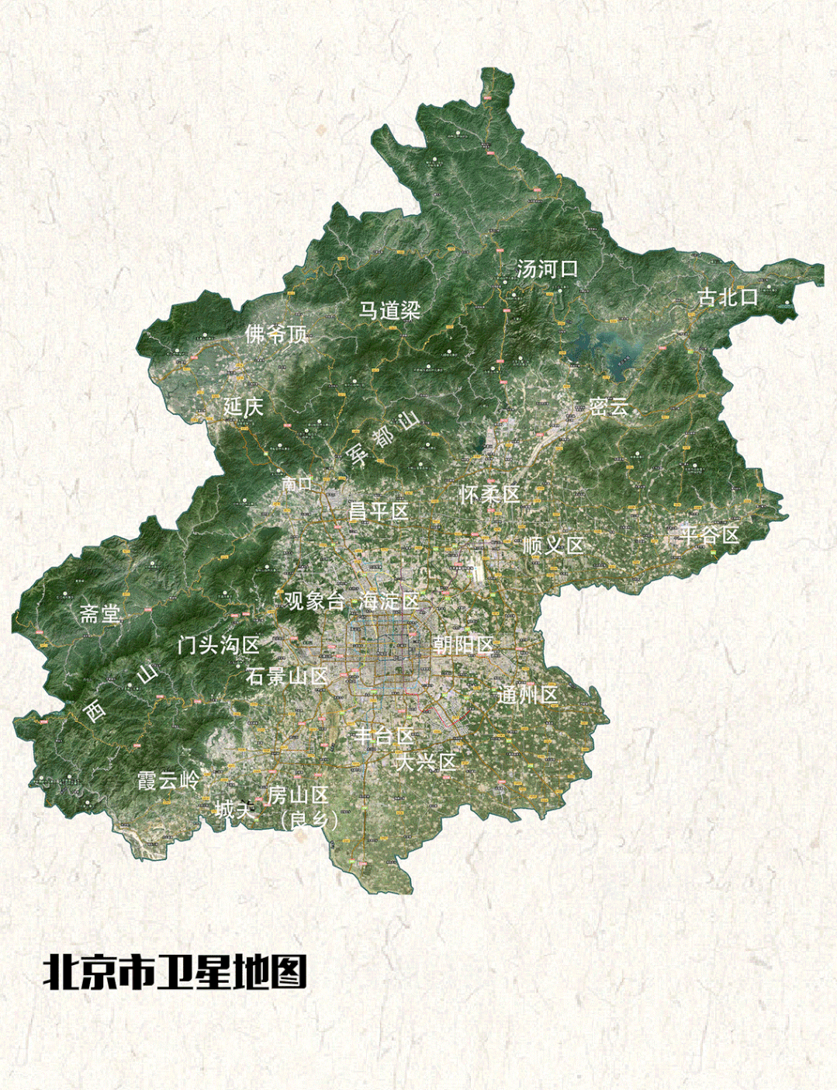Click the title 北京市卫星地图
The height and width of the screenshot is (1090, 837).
click(175, 971)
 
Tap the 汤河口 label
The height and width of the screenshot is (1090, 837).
click(548, 269)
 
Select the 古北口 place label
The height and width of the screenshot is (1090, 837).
click(727, 297)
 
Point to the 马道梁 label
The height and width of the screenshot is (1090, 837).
click(389, 311)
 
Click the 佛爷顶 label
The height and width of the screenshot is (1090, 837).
click(277, 335)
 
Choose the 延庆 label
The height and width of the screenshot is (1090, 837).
click(244, 406)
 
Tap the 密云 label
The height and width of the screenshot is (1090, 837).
click(609, 407)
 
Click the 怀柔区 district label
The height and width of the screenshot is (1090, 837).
click(489, 494)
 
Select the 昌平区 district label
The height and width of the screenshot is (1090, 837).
click(378, 511)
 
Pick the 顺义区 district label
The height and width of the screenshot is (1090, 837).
click(552, 545)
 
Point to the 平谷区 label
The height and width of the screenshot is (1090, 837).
click(710, 535)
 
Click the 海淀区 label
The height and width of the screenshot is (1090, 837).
click(389, 600)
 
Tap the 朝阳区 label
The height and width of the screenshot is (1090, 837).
click(463, 644)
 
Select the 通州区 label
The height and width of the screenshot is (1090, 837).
click(527, 695)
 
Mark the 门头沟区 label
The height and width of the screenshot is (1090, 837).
click(218, 644)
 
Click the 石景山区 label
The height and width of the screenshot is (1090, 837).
click(287, 676)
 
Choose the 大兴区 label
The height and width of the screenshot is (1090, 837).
click(426, 762)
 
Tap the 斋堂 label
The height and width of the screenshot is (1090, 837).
click(100, 614)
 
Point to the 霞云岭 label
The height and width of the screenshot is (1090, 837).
click(168, 780)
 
